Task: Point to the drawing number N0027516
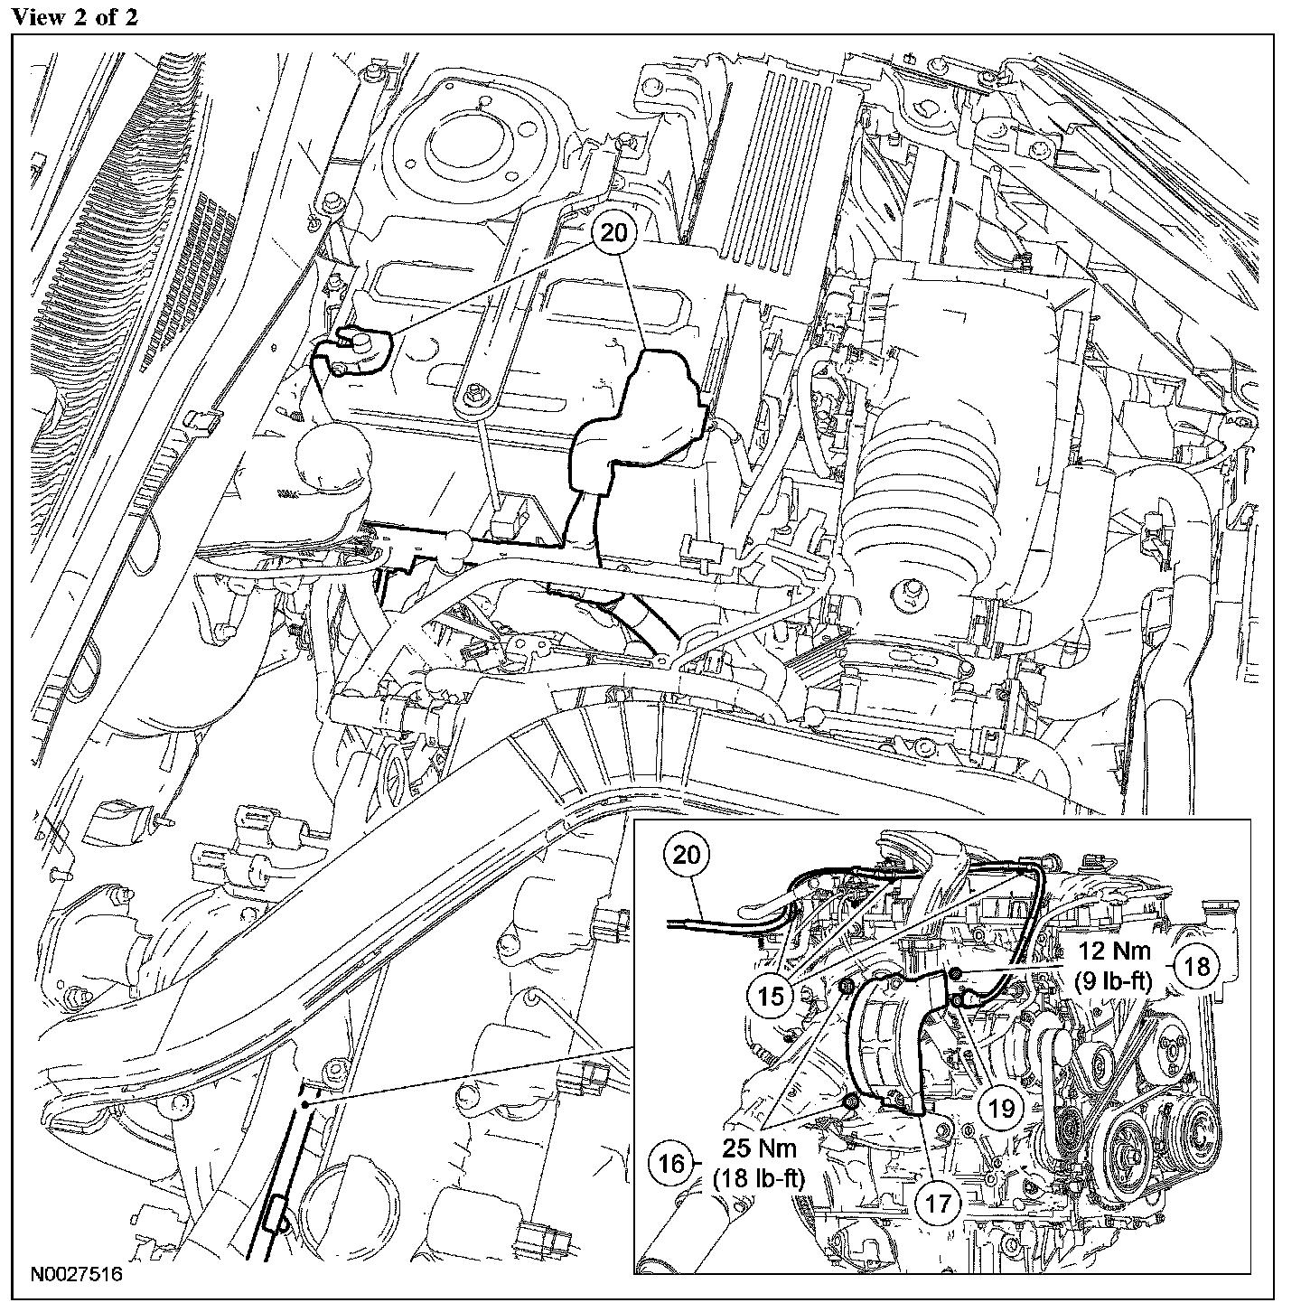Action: pyautogui.click(x=74, y=1276)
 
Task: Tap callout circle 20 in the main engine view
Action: pyautogui.click(x=614, y=232)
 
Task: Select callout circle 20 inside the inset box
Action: pyautogui.click(x=687, y=855)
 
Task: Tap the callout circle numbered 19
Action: pyautogui.click(x=1002, y=1109)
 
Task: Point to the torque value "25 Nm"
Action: pyautogui.click(x=760, y=1150)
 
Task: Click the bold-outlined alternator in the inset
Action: pyautogui.click(x=890, y=1039)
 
